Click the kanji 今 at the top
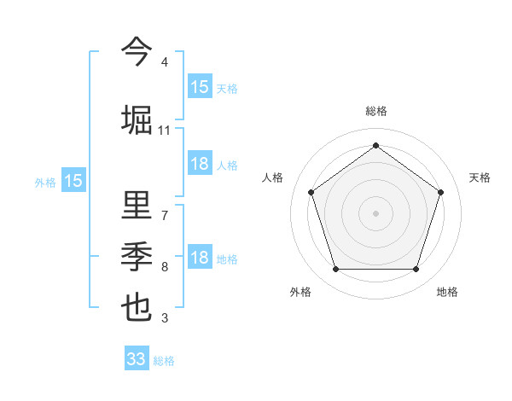tap(137, 53)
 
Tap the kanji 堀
tap(137, 119)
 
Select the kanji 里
tap(137, 205)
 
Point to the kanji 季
tap(137, 255)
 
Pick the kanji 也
tap(137, 306)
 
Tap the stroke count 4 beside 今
tap(164, 62)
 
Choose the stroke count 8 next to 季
tap(164, 267)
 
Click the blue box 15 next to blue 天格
tap(200, 87)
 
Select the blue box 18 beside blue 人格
tap(200, 164)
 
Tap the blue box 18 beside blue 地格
tap(200, 259)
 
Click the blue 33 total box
tap(137, 359)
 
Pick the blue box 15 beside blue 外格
tap(73, 181)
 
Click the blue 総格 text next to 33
tap(165, 361)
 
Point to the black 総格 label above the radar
tap(375, 111)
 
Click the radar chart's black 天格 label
tap(480, 177)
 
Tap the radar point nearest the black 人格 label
tap(311, 192)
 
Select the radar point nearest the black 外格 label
tap(335, 270)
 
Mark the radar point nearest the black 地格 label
tap(416, 270)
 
